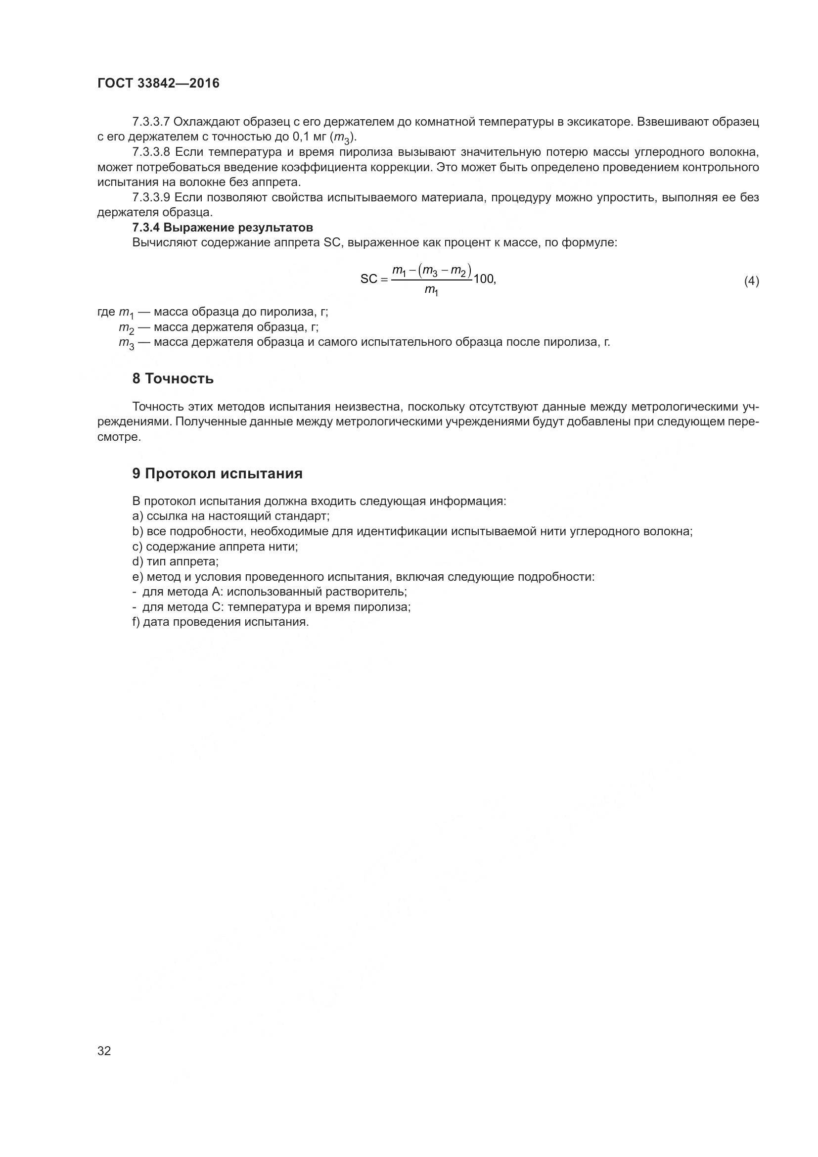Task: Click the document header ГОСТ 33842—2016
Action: pos(158,83)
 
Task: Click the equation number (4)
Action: pos(751,280)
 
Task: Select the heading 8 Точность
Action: pos(173,378)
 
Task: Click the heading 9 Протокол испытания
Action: pos(217,473)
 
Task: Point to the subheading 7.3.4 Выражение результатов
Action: pos(222,227)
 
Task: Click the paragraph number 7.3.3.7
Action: pos(151,122)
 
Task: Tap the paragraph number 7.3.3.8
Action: pos(151,152)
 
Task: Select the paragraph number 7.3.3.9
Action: pos(151,197)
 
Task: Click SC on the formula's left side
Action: pos(369,279)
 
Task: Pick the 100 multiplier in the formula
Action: pos(484,278)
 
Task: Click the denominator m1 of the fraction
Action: pos(431,290)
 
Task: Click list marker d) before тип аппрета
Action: pos(138,561)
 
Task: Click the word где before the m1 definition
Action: pos(106,312)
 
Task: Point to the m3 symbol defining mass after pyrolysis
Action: pos(127,343)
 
